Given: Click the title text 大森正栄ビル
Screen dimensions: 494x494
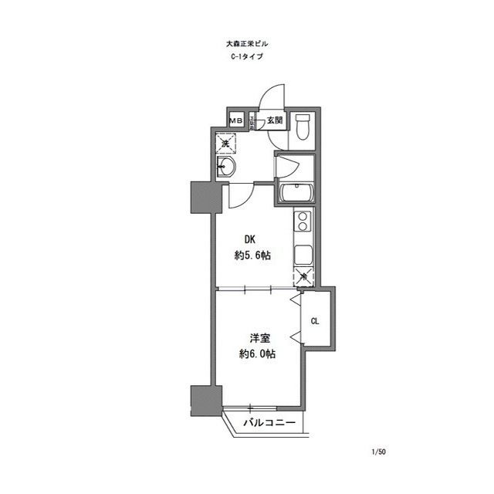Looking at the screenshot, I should (x=247, y=46).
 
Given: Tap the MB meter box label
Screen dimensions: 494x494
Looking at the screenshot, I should (x=235, y=121).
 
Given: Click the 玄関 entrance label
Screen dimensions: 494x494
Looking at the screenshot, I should (x=276, y=121).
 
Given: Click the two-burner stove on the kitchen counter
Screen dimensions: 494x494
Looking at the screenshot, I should (x=303, y=223).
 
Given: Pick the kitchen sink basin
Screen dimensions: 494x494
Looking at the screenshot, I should (x=303, y=254).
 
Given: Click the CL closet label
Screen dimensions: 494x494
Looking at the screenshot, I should (x=316, y=321).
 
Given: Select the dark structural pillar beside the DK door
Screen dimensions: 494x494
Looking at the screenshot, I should (x=201, y=198).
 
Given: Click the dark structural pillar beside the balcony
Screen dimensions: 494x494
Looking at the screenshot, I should (x=201, y=400).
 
